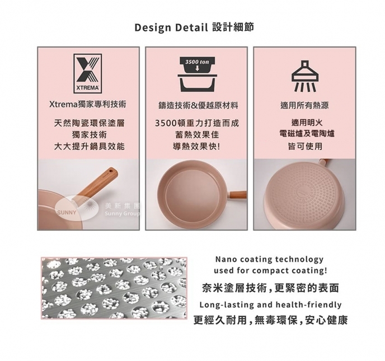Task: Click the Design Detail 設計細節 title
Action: click(194, 27)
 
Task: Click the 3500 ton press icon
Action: click(197, 74)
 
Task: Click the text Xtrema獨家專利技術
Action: click(88, 104)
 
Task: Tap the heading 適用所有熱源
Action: click(304, 106)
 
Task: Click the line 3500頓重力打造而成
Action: click(197, 123)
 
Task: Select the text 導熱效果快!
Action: click(197, 147)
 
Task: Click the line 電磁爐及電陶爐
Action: click(307, 134)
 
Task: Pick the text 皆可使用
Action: click(305, 147)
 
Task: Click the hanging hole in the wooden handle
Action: click(112, 170)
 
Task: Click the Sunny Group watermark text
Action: click(122, 214)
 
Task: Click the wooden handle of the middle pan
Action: click(238, 194)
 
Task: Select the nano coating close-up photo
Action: click(114, 288)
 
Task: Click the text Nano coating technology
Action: click(269, 259)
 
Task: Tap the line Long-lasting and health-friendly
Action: click(270, 304)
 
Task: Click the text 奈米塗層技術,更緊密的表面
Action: click(270, 288)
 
